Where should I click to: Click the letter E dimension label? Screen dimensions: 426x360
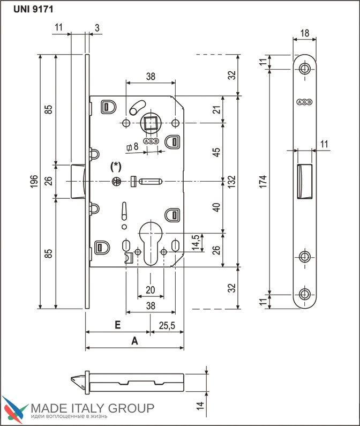pos(117,325)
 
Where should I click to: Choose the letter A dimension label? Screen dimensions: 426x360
pos(134,341)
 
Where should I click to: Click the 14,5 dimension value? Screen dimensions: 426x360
pos(196,242)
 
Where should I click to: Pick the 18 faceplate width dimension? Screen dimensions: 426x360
pos(305,33)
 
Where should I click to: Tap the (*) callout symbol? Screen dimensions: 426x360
pos(116,166)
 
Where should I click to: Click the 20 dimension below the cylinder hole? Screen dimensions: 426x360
pos(150,290)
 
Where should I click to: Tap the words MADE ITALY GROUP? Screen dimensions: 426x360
pos(92,408)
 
